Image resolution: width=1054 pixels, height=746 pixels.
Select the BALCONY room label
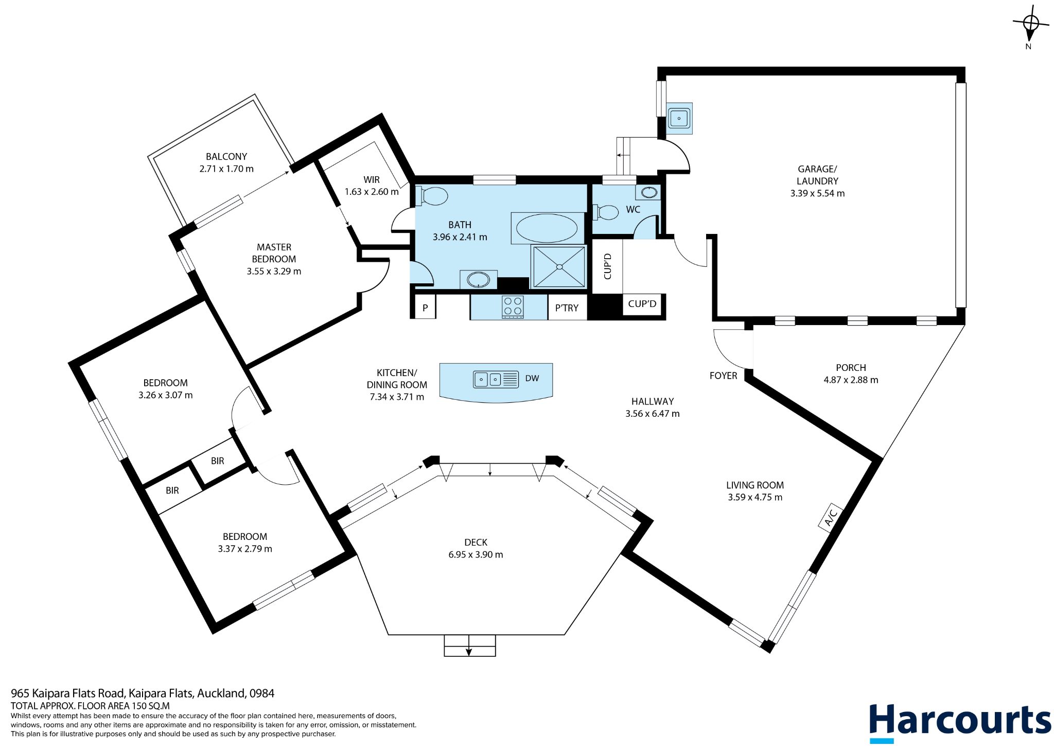(x=226, y=157)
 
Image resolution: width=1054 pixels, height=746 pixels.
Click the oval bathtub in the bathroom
(x=547, y=228)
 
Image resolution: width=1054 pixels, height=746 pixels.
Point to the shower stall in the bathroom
(x=559, y=266)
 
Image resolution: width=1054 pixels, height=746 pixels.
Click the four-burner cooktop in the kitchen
(x=513, y=307)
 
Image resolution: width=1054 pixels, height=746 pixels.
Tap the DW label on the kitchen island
(x=532, y=379)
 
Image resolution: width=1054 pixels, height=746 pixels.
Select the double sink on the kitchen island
(x=496, y=379)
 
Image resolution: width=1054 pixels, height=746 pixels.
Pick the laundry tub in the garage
(x=679, y=118)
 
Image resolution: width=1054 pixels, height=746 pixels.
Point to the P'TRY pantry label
(x=567, y=308)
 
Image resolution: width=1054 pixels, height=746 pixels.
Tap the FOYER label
(x=723, y=376)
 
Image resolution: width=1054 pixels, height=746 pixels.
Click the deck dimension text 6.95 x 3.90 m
(x=476, y=555)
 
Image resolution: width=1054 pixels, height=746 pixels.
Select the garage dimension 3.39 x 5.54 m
(x=817, y=194)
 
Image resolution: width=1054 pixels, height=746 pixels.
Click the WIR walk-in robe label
(x=372, y=180)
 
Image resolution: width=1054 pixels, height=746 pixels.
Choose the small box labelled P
(x=425, y=308)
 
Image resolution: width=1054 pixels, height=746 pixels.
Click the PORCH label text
(x=851, y=368)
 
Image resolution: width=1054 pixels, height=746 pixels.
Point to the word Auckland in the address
(x=221, y=693)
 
